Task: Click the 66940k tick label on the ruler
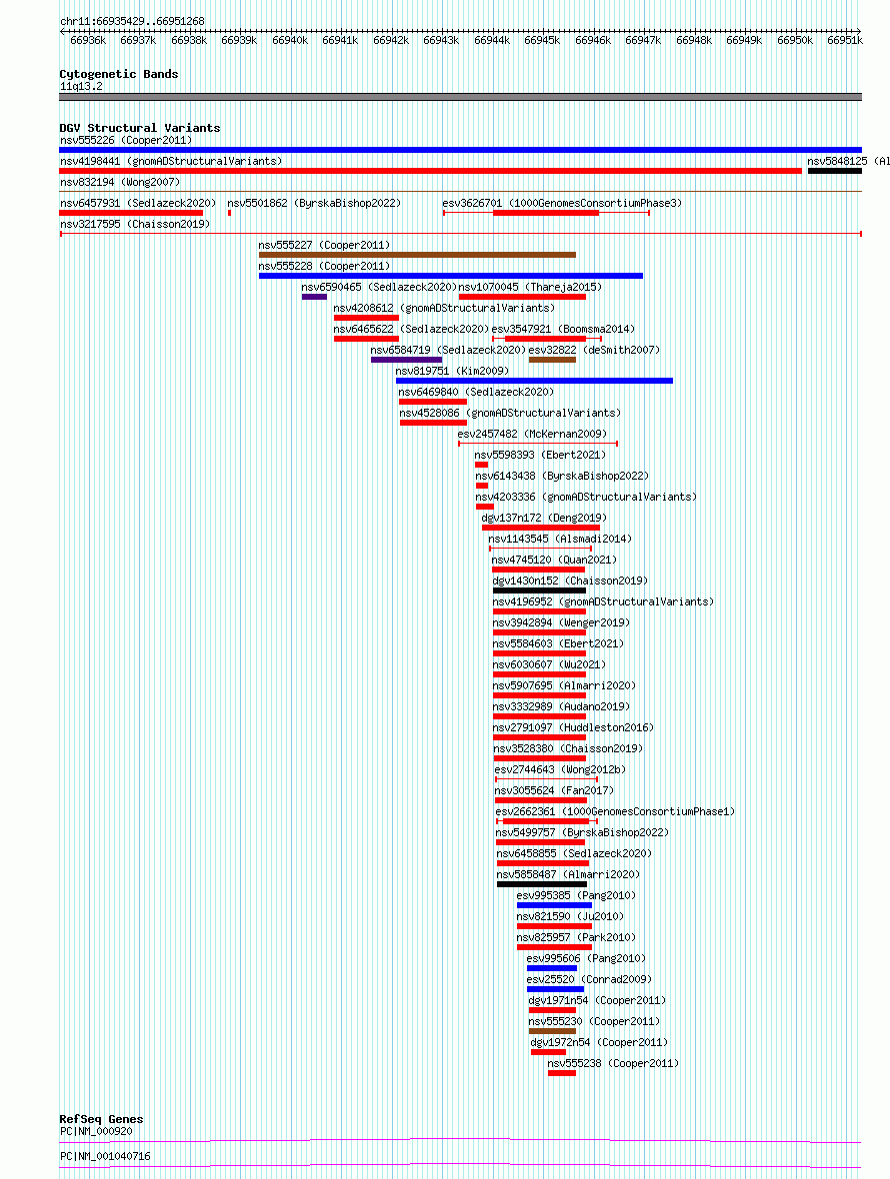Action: (x=290, y=41)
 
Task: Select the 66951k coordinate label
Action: (x=844, y=41)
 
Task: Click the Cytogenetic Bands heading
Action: (x=119, y=74)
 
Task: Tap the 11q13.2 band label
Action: (x=81, y=87)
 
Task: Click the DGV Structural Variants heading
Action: (x=140, y=128)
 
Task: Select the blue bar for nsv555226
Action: (x=460, y=150)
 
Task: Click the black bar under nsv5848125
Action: (x=835, y=171)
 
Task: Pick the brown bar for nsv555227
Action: (x=418, y=255)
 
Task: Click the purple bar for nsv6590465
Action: (x=314, y=297)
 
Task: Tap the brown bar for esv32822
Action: (x=552, y=360)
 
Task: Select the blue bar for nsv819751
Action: (x=534, y=382)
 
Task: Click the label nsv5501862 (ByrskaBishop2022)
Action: (x=314, y=203)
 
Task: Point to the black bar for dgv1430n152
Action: (x=539, y=591)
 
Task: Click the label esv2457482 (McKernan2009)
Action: (x=532, y=434)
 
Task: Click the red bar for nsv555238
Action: (x=562, y=1074)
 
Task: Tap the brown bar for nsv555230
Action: (x=552, y=1031)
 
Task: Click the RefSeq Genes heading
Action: (x=101, y=1119)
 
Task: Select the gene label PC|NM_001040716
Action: (x=105, y=1156)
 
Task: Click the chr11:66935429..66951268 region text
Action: (x=132, y=21)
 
